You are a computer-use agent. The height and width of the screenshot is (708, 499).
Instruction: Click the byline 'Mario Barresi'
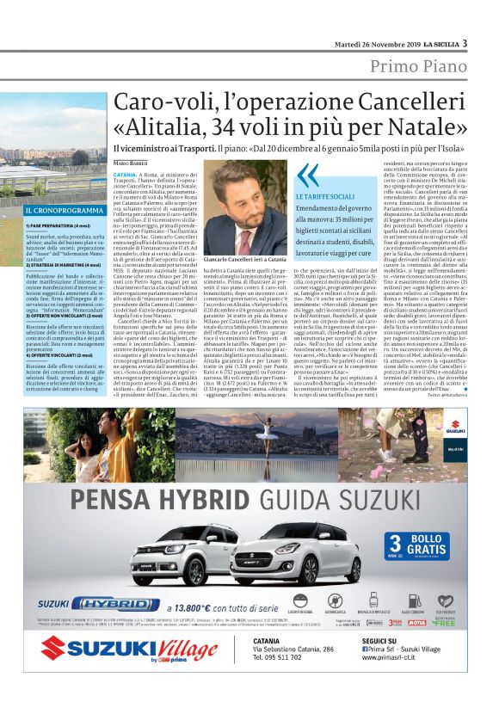(x=131, y=163)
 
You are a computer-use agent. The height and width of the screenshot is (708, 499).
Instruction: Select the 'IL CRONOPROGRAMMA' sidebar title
(x=59, y=210)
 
